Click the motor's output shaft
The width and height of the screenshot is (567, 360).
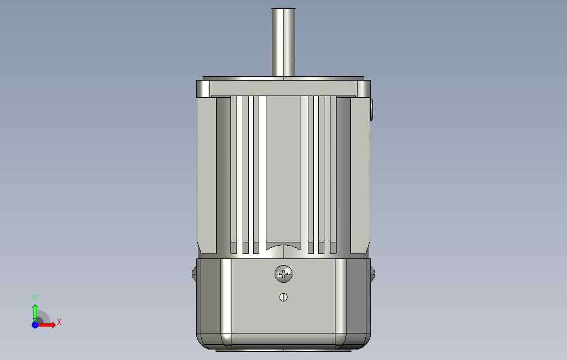pyautogui.click(x=283, y=43)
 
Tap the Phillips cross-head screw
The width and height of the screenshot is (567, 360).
pyautogui.click(x=283, y=274)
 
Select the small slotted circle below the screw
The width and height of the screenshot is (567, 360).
pyautogui.click(x=283, y=297)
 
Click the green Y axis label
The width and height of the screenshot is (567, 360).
pyautogui.click(x=35, y=298)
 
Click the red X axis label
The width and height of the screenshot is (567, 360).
pyautogui.click(x=59, y=322)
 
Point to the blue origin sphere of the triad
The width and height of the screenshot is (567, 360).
pyautogui.click(x=35, y=325)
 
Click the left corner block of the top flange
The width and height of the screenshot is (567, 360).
pyautogui.click(x=203, y=88)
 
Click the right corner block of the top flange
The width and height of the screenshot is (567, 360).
pyautogui.click(x=364, y=88)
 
